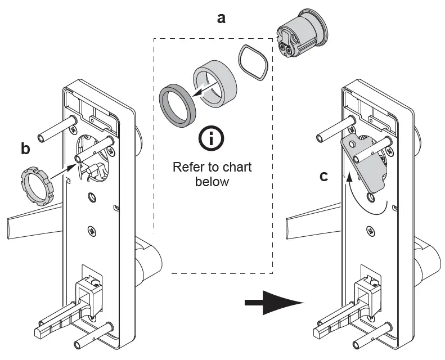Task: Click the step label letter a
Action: pyautogui.click(x=222, y=17)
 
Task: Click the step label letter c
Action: pyautogui.click(x=323, y=176)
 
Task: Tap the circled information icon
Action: pyautogui.click(x=211, y=139)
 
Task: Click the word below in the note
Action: pyautogui.click(x=212, y=182)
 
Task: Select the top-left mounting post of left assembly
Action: pyautogui.click(x=56, y=129)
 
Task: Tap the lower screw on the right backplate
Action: pyautogui.click(x=370, y=231)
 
